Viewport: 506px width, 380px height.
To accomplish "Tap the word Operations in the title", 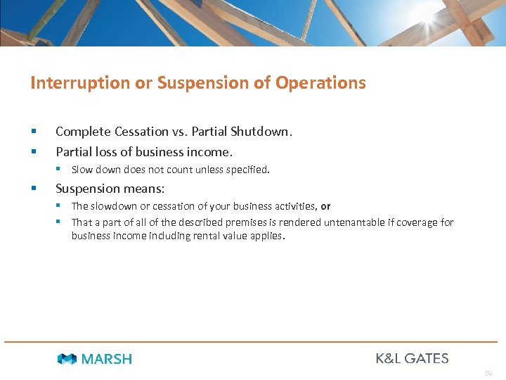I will (x=320, y=83).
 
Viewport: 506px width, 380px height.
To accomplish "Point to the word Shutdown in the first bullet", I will (x=261, y=132).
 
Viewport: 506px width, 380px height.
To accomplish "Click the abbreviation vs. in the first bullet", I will (x=180, y=132).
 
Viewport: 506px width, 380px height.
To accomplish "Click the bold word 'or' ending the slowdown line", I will (x=325, y=206).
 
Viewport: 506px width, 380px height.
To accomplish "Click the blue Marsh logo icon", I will (x=67, y=359).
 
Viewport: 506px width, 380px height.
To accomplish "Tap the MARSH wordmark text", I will (x=107, y=359).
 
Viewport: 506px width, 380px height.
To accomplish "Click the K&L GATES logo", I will (x=412, y=358).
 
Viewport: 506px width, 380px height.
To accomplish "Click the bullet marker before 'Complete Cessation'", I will (x=34, y=132).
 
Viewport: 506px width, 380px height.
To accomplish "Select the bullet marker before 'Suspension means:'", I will (x=34, y=189).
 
